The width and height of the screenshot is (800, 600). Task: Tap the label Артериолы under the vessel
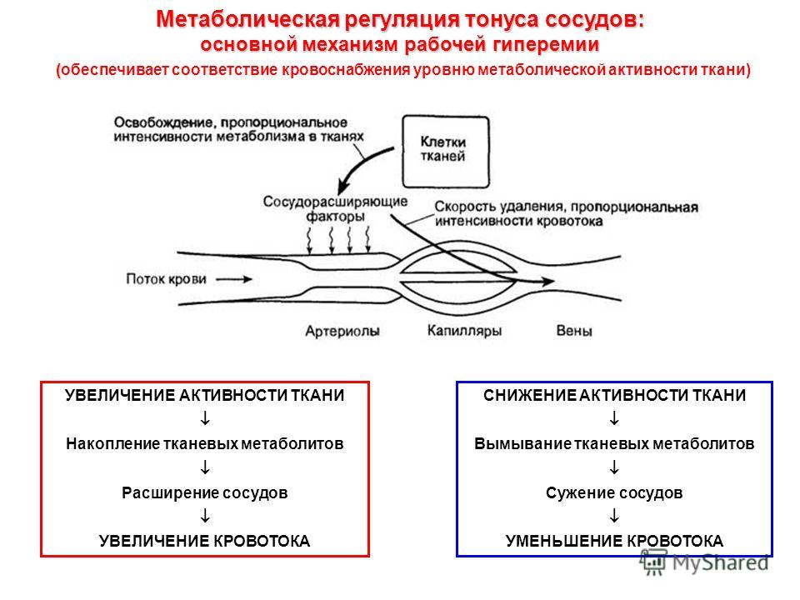point(342,331)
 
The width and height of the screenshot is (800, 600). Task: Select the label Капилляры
point(464,331)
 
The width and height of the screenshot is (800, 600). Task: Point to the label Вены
point(574,331)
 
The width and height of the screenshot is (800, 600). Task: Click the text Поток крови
point(167,279)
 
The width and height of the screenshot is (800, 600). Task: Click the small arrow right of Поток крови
point(233,279)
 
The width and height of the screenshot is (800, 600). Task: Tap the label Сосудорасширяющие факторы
point(335,208)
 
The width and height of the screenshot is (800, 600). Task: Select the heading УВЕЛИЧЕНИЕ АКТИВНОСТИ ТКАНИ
point(205,395)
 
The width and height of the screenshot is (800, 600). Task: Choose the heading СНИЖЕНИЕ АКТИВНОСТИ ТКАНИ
point(614,395)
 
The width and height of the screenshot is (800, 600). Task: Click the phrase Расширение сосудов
point(205,492)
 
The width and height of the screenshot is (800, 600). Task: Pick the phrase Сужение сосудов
point(614,492)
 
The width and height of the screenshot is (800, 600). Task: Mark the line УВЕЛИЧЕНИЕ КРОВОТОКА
point(205,541)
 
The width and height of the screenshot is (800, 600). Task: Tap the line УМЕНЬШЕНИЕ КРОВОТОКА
point(614,541)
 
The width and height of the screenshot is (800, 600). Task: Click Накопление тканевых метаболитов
point(205,444)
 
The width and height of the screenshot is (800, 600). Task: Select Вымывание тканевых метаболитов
point(614,444)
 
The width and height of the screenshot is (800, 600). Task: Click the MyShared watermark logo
point(705,562)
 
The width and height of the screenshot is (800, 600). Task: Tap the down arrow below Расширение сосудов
point(205,516)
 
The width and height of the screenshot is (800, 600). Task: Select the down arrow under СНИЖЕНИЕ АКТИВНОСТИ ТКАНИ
point(614,418)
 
